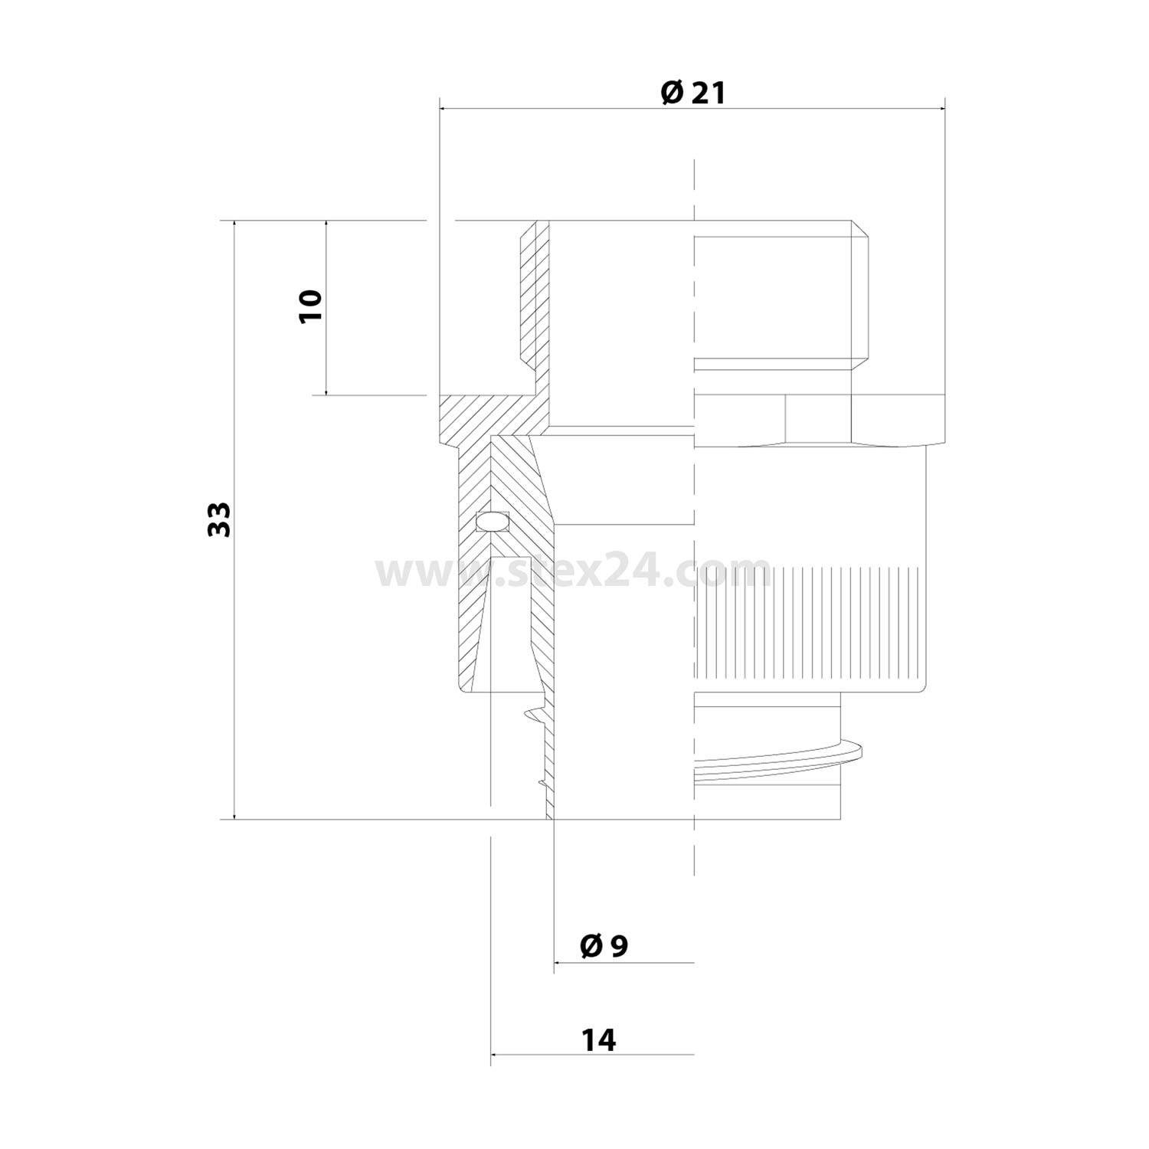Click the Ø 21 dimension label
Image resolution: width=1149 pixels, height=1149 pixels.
click(692, 93)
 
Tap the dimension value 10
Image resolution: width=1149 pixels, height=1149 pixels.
click(311, 306)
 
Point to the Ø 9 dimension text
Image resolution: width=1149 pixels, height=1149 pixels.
click(604, 946)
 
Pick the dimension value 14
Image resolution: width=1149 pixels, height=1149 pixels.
click(598, 1040)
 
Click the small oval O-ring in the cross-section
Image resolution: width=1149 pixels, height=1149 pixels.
click(491, 522)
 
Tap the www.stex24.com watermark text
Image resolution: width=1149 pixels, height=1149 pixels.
click(573, 571)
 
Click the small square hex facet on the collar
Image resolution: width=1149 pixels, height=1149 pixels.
click(818, 419)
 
